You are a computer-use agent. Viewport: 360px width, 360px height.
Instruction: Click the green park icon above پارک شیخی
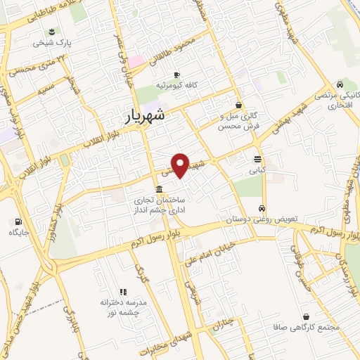51,31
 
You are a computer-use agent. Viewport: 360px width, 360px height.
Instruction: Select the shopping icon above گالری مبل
238,105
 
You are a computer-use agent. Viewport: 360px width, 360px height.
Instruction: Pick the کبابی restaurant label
257,169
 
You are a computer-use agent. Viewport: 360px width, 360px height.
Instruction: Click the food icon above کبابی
257,159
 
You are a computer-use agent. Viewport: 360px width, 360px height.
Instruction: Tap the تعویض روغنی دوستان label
262,219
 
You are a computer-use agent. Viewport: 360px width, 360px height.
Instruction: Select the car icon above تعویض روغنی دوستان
262,209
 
